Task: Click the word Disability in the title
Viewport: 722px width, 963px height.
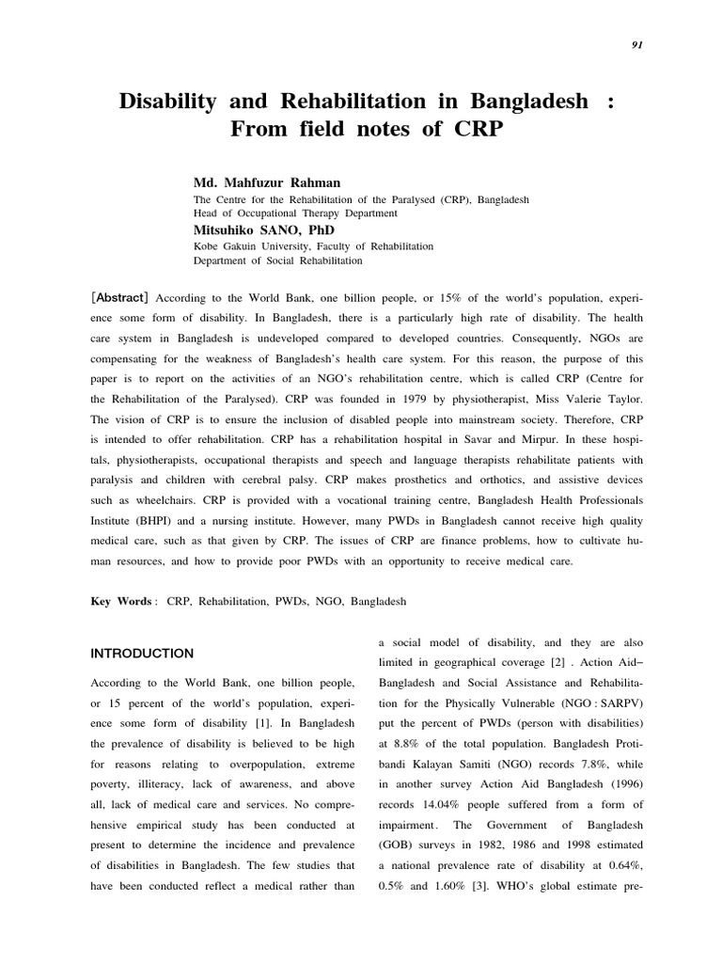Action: click(x=166, y=101)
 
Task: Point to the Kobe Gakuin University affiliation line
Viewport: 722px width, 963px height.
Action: click(x=313, y=245)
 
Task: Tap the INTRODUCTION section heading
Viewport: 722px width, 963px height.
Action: click(x=142, y=654)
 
